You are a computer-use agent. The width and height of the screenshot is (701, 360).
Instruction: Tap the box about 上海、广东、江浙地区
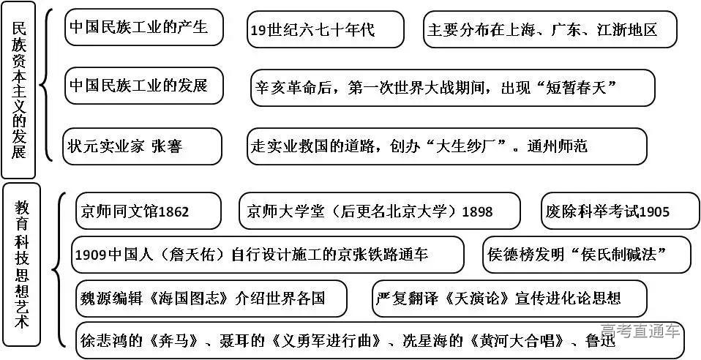tap(550, 30)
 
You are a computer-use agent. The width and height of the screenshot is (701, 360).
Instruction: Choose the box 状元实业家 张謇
tap(142, 146)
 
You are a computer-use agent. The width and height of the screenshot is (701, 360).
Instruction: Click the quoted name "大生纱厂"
tap(466, 146)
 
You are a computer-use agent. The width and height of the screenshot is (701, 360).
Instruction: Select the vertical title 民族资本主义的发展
tap(20, 91)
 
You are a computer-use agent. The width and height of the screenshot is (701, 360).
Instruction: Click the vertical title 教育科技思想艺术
tap(22, 263)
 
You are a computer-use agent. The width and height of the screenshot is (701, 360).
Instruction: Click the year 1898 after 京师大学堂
tap(478, 211)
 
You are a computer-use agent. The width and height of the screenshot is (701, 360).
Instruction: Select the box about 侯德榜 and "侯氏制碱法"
tap(586, 255)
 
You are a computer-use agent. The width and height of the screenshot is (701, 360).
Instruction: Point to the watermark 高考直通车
tap(640, 331)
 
